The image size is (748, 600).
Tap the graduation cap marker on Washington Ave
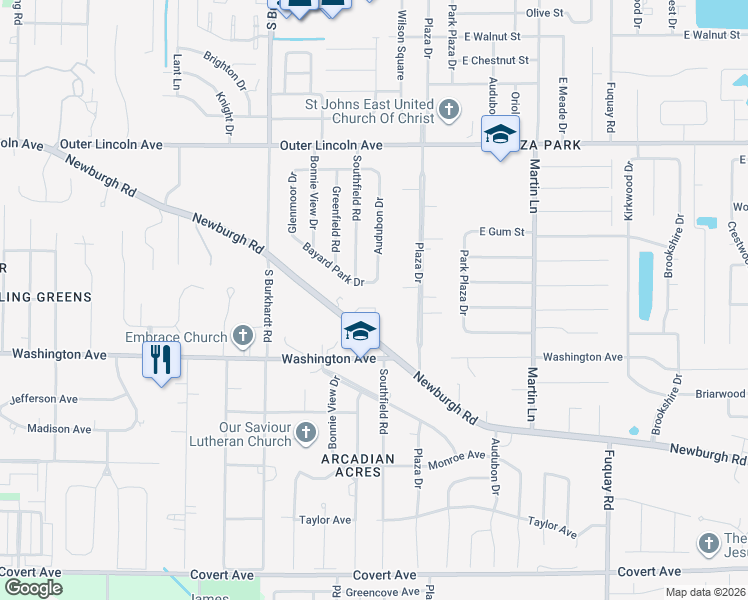click(360, 331)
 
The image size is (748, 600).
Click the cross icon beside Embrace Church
click(242, 335)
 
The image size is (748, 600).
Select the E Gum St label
click(502, 232)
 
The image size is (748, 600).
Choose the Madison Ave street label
click(59, 429)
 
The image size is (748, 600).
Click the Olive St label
click(546, 13)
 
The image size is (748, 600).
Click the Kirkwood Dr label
click(629, 189)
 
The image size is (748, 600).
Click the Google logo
click(33, 588)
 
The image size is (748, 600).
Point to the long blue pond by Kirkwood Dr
click(645, 277)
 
